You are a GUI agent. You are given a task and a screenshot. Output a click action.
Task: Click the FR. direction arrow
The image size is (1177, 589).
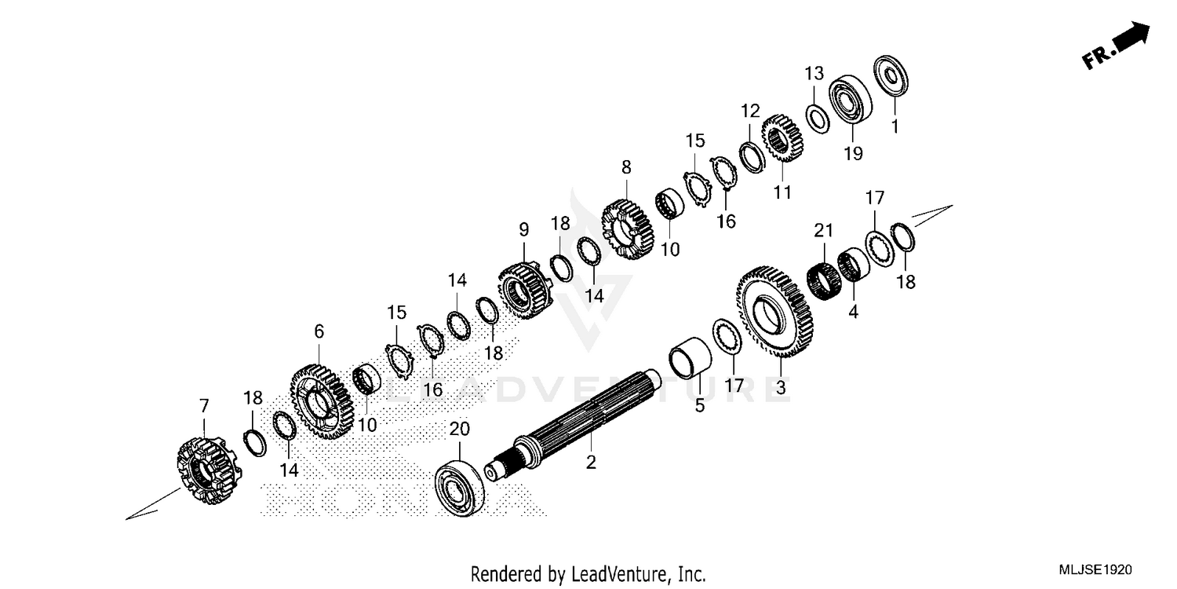click(x=1117, y=46)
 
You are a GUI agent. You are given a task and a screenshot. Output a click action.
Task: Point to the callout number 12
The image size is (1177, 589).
click(x=751, y=110)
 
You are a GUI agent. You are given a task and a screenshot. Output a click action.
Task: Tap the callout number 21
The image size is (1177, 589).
click(x=822, y=230)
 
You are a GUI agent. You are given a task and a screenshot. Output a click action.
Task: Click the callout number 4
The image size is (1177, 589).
click(x=853, y=313)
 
